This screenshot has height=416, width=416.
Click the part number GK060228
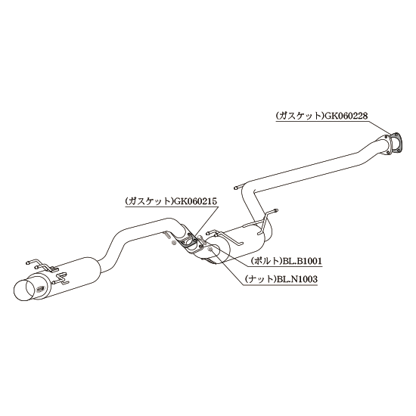[345, 116]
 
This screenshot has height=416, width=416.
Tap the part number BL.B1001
[301, 261]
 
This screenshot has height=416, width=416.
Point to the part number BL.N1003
[297, 279]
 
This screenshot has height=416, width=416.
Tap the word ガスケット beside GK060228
[299, 116]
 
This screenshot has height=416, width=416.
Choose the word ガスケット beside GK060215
[149, 201]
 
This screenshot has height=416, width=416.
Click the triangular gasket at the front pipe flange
[395, 144]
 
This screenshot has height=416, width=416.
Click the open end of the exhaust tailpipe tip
[25, 290]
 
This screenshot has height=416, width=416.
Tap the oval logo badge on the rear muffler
[41, 288]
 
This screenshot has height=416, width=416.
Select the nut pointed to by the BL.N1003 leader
[210, 248]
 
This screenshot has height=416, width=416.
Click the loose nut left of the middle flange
[173, 243]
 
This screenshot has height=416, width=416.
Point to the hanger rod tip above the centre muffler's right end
[276, 211]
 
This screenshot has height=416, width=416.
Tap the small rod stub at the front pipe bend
[237, 188]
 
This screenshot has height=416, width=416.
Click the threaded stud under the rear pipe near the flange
[166, 235]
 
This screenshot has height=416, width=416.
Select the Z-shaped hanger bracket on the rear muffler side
[62, 278]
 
